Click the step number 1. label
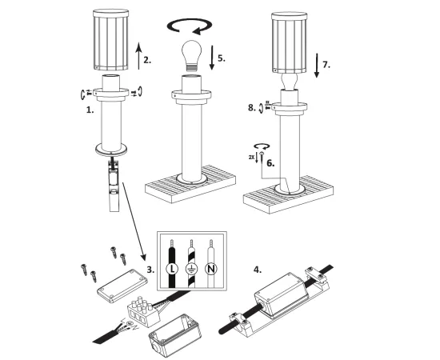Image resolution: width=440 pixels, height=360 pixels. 90,110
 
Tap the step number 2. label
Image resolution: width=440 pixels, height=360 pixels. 147,60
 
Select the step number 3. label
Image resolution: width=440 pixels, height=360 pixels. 150,270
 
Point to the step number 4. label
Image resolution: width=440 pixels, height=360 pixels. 258,270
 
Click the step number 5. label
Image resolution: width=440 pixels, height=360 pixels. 222,58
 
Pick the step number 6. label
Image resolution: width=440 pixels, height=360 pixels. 270,163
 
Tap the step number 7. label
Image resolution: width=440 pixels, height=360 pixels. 326,65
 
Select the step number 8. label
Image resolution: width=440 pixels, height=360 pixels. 252,108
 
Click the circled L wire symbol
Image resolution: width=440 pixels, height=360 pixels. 172,269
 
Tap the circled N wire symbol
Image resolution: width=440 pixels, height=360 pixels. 211,269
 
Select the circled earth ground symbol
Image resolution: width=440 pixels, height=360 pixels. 192,269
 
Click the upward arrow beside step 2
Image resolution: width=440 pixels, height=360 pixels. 138,56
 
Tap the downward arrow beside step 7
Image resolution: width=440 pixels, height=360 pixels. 317,66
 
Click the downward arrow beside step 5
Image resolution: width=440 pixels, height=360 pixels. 212,58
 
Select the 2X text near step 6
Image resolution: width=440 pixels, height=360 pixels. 251,158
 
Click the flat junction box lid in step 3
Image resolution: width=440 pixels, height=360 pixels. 122,286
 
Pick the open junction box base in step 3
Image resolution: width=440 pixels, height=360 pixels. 174,334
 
